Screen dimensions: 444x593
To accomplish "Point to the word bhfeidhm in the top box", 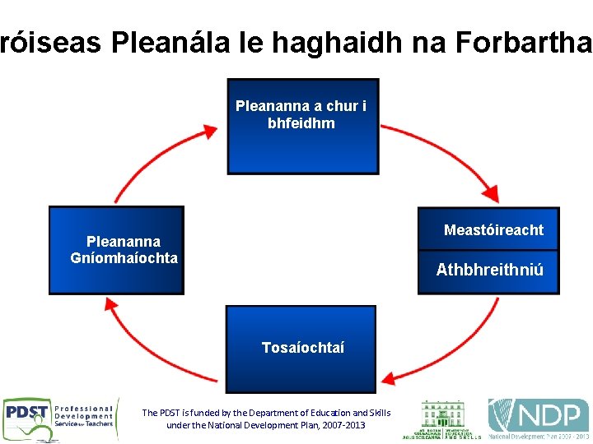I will (x=301, y=123).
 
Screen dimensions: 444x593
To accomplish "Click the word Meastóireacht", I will (x=493, y=230).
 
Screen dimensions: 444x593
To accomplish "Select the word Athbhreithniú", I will (x=489, y=270).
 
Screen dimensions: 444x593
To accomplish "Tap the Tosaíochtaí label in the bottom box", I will (x=302, y=348).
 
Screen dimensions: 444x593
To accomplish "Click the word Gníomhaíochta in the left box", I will (x=124, y=257).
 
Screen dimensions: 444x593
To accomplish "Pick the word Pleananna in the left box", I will (x=124, y=241).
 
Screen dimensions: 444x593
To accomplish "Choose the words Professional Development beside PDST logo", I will (x=83, y=413).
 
